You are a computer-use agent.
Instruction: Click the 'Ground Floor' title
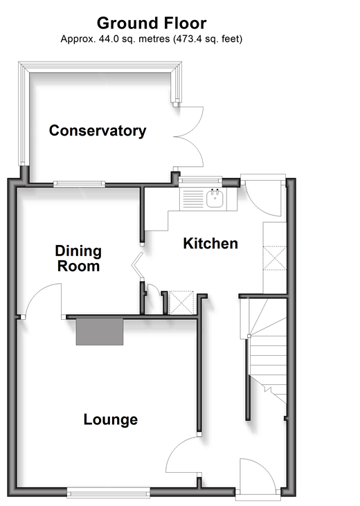152,24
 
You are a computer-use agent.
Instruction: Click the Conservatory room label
98,131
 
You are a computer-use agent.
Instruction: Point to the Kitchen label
210,244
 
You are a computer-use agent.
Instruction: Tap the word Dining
78,251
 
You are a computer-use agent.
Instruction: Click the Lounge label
110,419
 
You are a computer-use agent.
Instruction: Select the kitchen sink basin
215,199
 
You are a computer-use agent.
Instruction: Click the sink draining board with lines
193,199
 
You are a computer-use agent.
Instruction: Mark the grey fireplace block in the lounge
100,332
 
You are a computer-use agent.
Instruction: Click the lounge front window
109,493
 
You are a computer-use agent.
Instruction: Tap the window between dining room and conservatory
79,184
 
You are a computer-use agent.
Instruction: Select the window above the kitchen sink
201,180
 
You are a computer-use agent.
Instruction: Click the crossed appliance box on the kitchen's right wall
275,257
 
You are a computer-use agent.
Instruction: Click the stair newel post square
249,336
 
